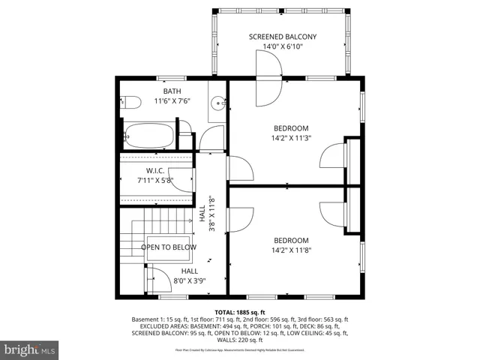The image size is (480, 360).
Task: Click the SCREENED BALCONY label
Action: click(282, 37)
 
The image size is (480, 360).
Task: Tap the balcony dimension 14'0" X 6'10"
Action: click(282, 46)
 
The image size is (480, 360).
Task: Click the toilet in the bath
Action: click(130, 103)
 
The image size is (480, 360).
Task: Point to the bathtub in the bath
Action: click(148, 136)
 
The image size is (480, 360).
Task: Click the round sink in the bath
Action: click(217, 104)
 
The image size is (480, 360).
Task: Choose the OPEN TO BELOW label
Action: click(169, 247)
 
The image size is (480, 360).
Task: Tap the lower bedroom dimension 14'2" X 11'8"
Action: click(290, 251)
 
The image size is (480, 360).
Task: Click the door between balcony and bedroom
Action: click(268, 81)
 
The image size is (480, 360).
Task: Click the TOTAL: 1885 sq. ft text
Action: click(240, 311)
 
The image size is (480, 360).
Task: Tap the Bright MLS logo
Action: click(30, 349)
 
